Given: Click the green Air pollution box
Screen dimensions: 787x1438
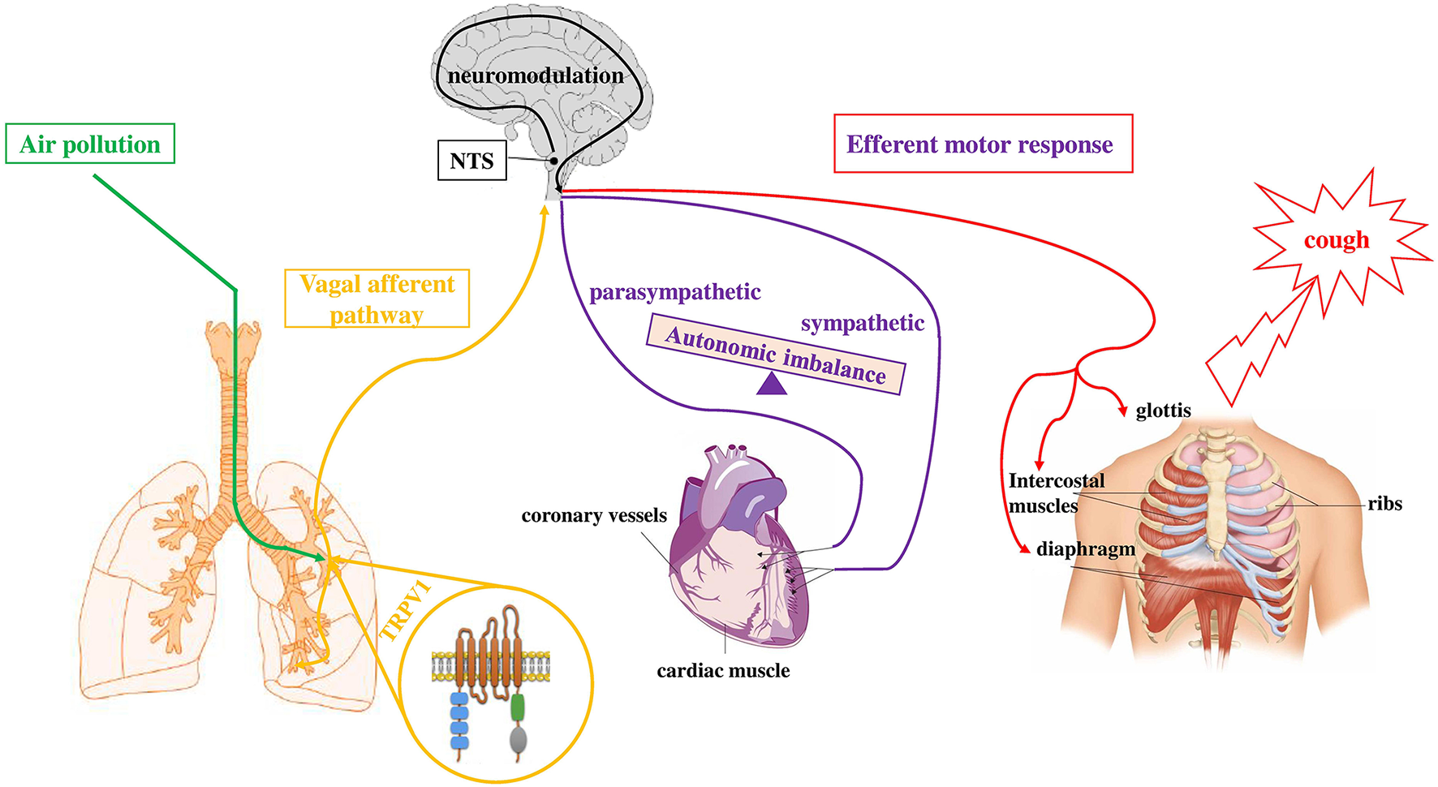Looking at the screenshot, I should (x=90, y=144).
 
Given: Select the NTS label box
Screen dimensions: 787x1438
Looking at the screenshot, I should (x=471, y=161).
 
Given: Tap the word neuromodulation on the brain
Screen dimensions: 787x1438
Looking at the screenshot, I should (x=536, y=75).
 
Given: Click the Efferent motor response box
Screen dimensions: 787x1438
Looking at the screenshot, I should (x=982, y=144).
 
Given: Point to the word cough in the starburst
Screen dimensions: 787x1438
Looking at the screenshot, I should (x=1336, y=240).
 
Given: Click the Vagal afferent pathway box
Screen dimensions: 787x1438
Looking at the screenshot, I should (x=377, y=299).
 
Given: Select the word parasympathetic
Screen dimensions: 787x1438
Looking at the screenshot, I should (x=674, y=292).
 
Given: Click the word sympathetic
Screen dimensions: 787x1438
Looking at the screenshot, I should (x=862, y=323).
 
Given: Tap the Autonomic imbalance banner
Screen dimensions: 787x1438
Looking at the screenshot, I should (x=775, y=356).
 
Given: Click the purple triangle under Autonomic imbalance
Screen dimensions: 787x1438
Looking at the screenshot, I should (x=771, y=384).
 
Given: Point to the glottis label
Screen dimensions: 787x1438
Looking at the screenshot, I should (x=1163, y=411).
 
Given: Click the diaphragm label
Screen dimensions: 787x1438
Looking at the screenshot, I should (x=1085, y=549).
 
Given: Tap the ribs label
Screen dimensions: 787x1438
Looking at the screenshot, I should (x=1384, y=504).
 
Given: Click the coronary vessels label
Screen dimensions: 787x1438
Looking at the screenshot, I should (x=593, y=516).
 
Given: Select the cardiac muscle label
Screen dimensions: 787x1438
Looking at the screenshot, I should (x=723, y=671).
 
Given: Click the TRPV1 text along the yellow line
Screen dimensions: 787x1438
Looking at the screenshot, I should (x=405, y=611).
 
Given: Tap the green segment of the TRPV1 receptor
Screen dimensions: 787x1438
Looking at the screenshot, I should (x=518, y=707).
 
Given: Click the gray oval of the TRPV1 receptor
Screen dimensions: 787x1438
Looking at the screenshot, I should (x=518, y=739).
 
